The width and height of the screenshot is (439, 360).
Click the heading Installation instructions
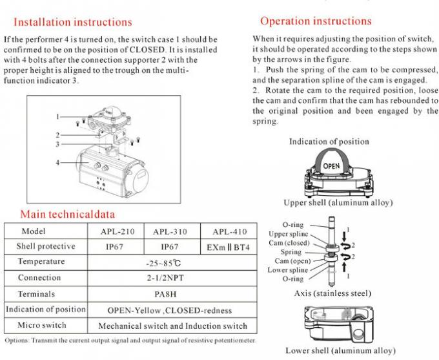coord(73,23)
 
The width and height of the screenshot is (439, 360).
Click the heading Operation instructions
coord(316,21)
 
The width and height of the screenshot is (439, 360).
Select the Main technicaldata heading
coord(68,214)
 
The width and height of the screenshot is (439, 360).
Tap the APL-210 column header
coord(117,231)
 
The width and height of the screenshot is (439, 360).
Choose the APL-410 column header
coord(229,231)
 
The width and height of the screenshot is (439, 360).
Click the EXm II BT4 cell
coord(229,247)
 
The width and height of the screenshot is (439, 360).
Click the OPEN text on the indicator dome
coord(331,165)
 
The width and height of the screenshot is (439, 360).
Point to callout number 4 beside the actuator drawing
coord(57,162)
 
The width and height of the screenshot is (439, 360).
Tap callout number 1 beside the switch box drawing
coord(57,116)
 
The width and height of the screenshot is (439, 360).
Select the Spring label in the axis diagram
coord(291,251)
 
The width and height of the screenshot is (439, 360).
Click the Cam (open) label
coord(289,260)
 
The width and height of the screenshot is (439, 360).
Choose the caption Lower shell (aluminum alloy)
coord(340,350)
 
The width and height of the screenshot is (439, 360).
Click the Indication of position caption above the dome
coord(329,142)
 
